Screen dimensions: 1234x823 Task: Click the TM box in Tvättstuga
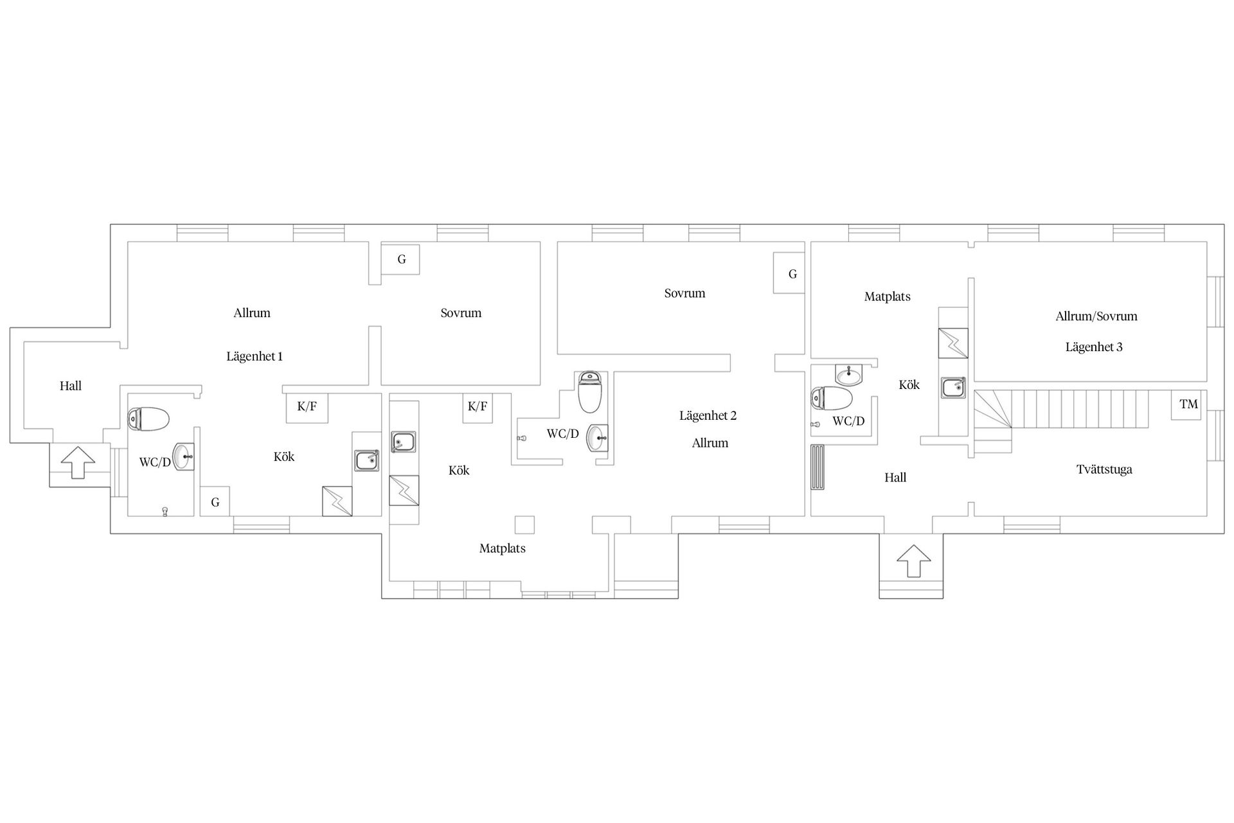tap(1186, 404)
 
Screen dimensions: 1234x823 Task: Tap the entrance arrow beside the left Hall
tap(78, 462)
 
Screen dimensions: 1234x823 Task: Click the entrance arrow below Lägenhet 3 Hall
tap(913, 561)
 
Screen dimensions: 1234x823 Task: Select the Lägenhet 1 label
tap(255, 356)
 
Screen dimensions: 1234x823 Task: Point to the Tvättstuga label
tap(1104, 469)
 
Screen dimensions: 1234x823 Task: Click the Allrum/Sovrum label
tap(1096, 316)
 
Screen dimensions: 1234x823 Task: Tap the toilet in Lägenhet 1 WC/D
tap(148, 419)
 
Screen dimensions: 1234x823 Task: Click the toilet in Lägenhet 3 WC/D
tap(832, 399)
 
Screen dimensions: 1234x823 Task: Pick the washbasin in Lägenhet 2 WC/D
tap(597, 439)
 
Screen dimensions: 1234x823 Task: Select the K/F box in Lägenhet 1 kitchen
tap(307, 408)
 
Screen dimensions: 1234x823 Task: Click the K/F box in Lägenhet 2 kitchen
tap(478, 408)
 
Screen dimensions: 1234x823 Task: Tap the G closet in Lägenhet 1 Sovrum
tap(400, 259)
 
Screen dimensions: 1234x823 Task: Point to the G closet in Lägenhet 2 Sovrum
tap(789, 273)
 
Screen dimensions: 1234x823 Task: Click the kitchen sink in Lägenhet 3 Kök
tap(953, 388)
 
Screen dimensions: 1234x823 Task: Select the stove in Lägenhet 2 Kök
tap(404, 491)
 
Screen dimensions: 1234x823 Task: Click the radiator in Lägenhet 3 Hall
tap(818, 467)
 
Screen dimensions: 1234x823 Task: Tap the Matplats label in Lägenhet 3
tap(887, 296)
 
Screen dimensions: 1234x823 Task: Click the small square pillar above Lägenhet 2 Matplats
tap(525, 525)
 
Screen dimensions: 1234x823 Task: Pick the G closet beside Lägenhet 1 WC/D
tap(215, 502)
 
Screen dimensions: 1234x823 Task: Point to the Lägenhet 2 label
tap(708, 415)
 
